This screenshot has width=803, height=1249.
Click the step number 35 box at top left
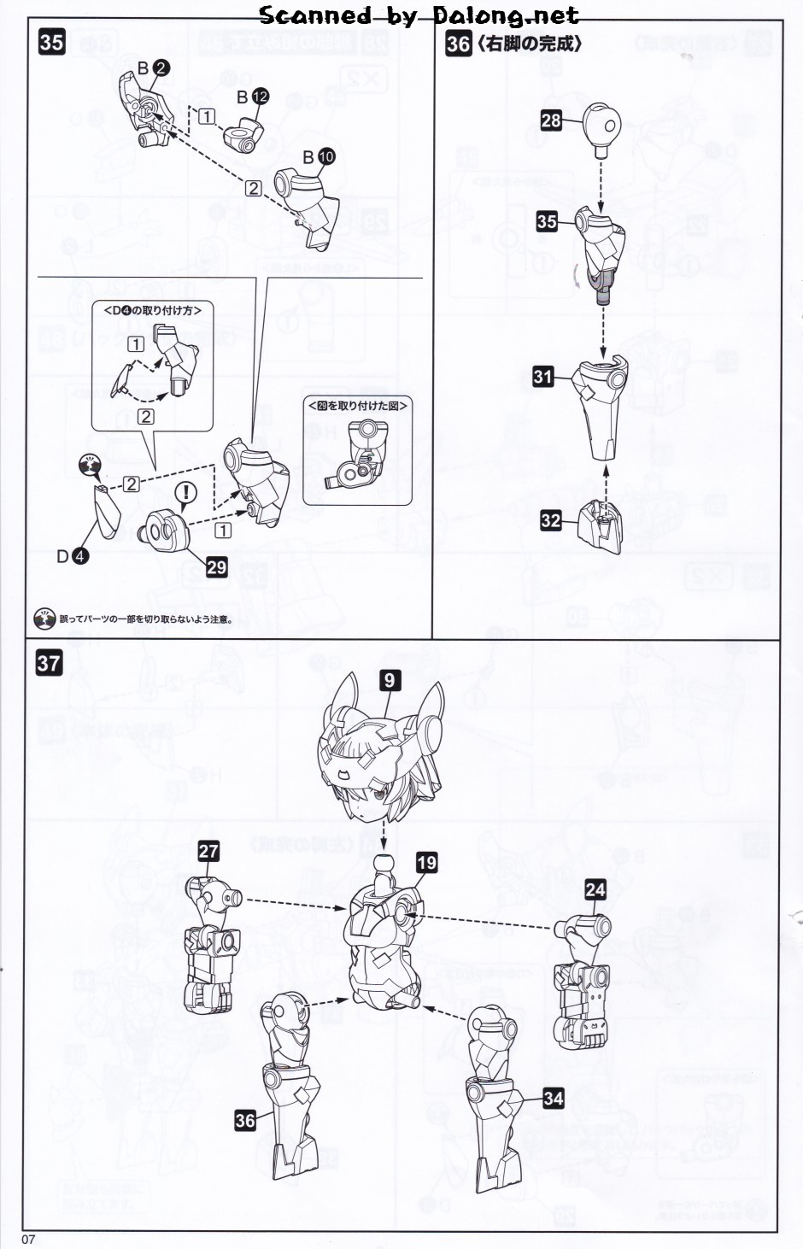click(51, 42)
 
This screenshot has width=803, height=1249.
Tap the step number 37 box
click(49, 663)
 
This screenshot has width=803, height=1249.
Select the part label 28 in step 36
click(551, 120)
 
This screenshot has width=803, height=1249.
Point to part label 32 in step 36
click(551, 519)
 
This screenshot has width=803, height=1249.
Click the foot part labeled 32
click(601, 525)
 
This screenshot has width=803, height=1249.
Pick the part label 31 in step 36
click(542, 376)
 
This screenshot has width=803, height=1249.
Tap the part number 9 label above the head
click(389, 680)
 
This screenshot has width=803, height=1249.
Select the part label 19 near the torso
click(426, 862)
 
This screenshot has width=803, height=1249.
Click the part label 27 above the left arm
click(208, 851)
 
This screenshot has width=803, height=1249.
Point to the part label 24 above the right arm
click(595, 889)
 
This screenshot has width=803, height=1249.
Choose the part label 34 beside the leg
click(554, 1098)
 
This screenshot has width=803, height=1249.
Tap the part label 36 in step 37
click(245, 1120)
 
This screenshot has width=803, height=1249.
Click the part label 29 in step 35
click(216, 567)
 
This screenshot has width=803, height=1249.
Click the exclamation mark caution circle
click(185, 492)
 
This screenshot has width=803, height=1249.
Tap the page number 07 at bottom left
click(28, 1240)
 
